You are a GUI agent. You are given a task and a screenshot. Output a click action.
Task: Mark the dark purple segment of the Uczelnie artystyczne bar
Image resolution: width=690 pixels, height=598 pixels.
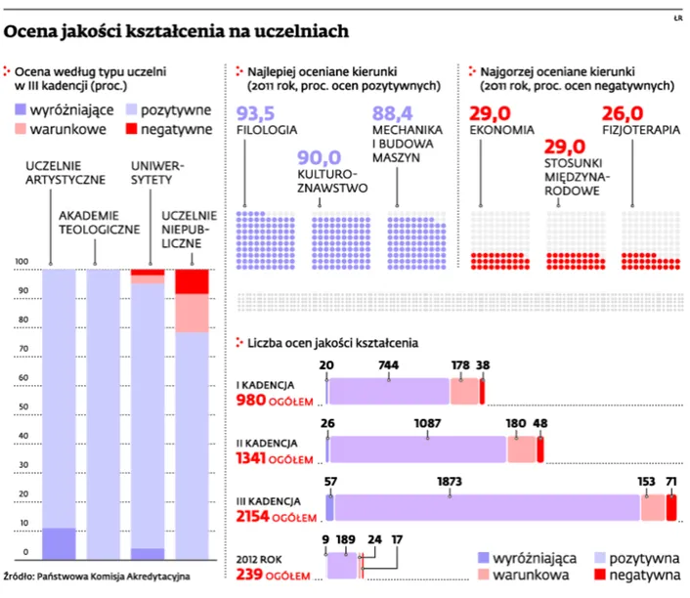pos(60,541)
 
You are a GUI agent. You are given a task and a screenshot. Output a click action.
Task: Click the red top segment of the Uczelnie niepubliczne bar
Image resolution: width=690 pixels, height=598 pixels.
pos(192,280)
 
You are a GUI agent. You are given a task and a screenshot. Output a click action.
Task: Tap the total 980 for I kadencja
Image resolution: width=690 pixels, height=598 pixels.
pos(253,401)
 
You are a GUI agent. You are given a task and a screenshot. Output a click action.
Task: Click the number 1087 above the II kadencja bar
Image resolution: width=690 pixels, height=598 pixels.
pos(428,424)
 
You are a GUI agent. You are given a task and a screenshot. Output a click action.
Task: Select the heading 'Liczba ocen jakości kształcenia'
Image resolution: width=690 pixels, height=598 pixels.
pos(333,343)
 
